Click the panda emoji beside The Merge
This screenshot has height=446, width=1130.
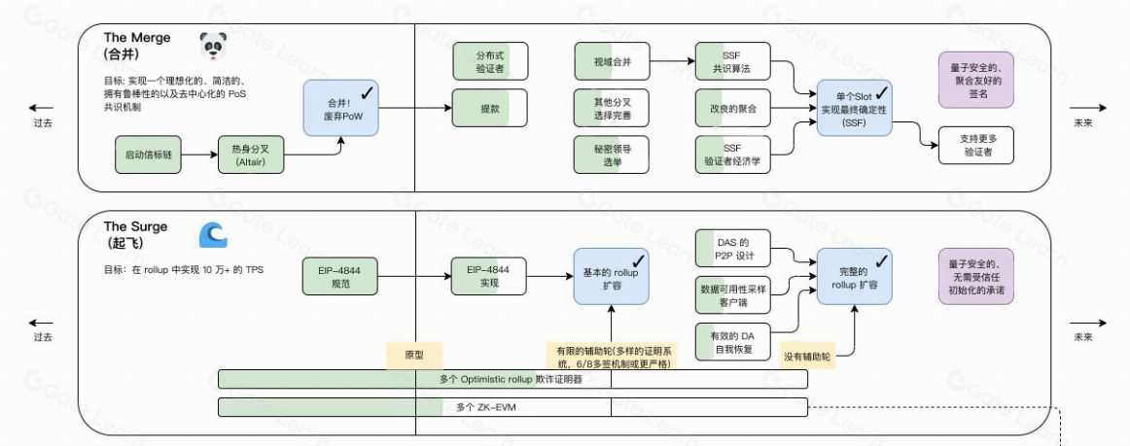(x=212, y=46)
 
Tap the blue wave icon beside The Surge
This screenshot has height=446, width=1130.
(x=212, y=236)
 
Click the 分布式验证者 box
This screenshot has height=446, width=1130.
(x=490, y=61)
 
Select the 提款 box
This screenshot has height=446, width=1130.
(x=490, y=109)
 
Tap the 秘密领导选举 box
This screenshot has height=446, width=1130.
(x=612, y=155)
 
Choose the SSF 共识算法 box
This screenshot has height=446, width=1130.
(x=732, y=61)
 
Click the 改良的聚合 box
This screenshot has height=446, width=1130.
(x=732, y=109)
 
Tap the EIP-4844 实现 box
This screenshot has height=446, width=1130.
(x=490, y=277)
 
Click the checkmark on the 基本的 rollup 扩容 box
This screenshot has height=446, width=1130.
(x=638, y=260)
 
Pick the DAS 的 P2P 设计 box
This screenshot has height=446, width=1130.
(x=732, y=249)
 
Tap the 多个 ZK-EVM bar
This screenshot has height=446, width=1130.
(x=512, y=406)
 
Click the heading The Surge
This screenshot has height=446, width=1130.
(x=135, y=226)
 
